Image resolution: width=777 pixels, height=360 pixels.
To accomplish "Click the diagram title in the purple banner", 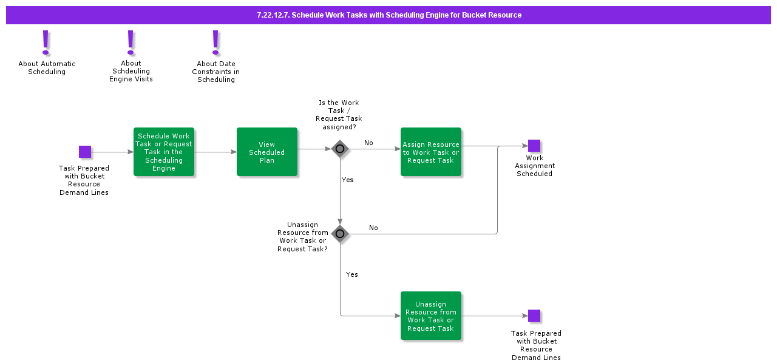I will (x=388, y=15).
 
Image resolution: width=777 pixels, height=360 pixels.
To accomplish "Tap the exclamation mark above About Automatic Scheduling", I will (x=46, y=42).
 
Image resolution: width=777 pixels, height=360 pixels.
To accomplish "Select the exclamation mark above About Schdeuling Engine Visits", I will (x=131, y=42).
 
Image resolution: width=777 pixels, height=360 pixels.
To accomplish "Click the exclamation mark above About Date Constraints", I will (x=215, y=42).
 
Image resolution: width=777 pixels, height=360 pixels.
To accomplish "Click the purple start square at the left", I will (x=85, y=152).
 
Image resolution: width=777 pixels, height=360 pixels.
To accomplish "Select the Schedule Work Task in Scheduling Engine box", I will (x=164, y=152).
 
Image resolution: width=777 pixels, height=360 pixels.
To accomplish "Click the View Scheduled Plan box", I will (x=267, y=152).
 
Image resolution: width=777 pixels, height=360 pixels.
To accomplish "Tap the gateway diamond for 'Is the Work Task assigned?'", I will (x=340, y=149).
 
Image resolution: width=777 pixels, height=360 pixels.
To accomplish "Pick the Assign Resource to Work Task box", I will (x=431, y=152).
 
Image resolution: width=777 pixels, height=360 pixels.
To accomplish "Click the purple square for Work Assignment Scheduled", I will (x=534, y=146).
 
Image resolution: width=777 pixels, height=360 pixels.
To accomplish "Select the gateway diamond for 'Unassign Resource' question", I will (x=340, y=234).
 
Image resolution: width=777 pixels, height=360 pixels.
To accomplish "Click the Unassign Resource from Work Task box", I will (x=431, y=316).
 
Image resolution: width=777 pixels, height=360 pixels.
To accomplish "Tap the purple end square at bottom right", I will (x=534, y=316).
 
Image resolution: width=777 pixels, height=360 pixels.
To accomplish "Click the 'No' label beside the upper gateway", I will (x=368, y=143).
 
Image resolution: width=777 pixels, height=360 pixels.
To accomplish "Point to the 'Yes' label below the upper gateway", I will (x=348, y=180).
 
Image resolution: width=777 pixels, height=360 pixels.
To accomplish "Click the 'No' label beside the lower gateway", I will (x=373, y=228).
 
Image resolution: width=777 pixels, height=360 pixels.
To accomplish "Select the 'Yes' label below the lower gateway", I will (x=352, y=275).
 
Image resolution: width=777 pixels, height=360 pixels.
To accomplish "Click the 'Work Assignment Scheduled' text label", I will (x=535, y=166).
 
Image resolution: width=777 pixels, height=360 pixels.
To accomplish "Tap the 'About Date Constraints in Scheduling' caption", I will (x=216, y=72).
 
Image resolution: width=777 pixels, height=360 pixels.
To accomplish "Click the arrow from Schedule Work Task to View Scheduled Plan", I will (x=215, y=152).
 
